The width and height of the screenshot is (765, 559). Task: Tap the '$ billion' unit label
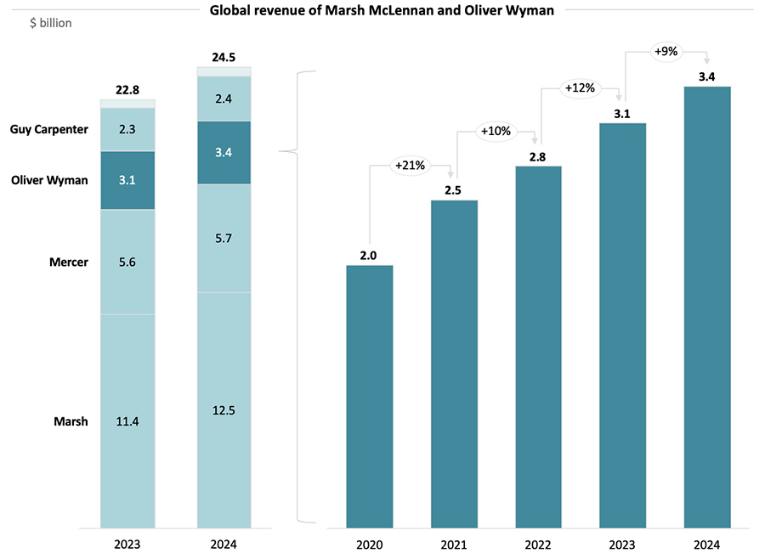pyautogui.click(x=51, y=23)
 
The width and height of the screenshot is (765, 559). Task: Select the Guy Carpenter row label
pyautogui.click(x=48, y=130)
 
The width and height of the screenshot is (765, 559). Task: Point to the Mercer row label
pyautogui.click(x=68, y=263)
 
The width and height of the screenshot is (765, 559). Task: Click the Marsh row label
pyautogui.click(x=71, y=421)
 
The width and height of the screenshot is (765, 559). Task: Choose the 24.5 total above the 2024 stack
pyautogui.click(x=224, y=58)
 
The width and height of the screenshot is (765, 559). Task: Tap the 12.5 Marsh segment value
pyautogui.click(x=224, y=410)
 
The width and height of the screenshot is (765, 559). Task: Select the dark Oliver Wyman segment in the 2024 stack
pyautogui.click(x=224, y=153)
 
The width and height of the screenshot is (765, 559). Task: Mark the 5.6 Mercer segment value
pyautogui.click(x=127, y=263)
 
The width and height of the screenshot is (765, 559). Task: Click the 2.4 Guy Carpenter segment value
pyautogui.click(x=224, y=99)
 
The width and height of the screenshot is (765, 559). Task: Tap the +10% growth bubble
pyautogui.click(x=496, y=132)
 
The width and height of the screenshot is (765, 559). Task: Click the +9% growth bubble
pyautogui.click(x=666, y=51)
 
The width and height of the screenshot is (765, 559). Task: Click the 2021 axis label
pyautogui.click(x=454, y=544)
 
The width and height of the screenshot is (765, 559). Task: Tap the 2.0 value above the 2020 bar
pyautogui.click(x=369, y=255)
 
